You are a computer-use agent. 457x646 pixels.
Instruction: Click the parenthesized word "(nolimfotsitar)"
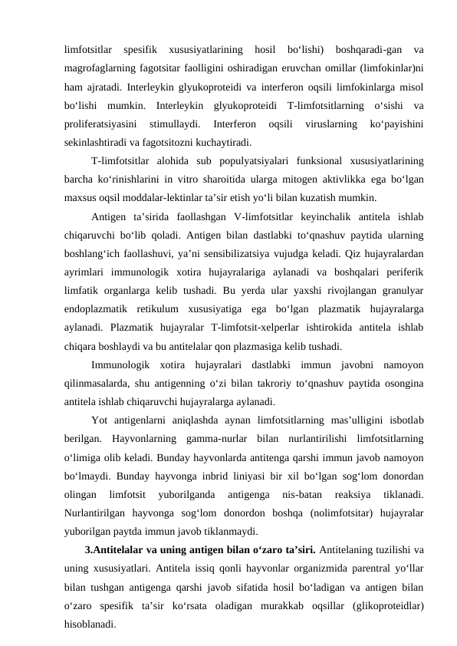point(327,513)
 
